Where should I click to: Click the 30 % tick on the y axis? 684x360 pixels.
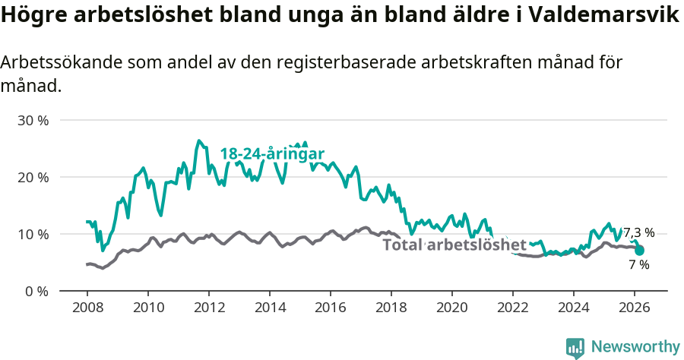tap(33, 120)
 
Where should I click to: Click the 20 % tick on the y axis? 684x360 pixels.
tap(33, 177)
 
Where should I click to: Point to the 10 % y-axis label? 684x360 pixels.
tap(33, 234)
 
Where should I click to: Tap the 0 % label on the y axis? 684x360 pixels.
tap(38, 291)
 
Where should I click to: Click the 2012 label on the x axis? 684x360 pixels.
tap(208, 308)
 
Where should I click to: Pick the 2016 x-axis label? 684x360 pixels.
tap(330, 308)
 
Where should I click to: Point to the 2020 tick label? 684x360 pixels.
tap(451, 308)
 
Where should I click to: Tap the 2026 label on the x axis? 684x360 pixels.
tap(634, 308)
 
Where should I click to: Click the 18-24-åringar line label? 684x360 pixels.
tap(272, 153)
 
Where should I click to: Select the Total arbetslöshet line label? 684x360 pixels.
tap(454, 245)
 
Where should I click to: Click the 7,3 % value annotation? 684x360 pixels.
tap(638, 233)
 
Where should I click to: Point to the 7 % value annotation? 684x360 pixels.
tap(638, 265)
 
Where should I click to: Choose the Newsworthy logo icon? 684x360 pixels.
tap(575, 347)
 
